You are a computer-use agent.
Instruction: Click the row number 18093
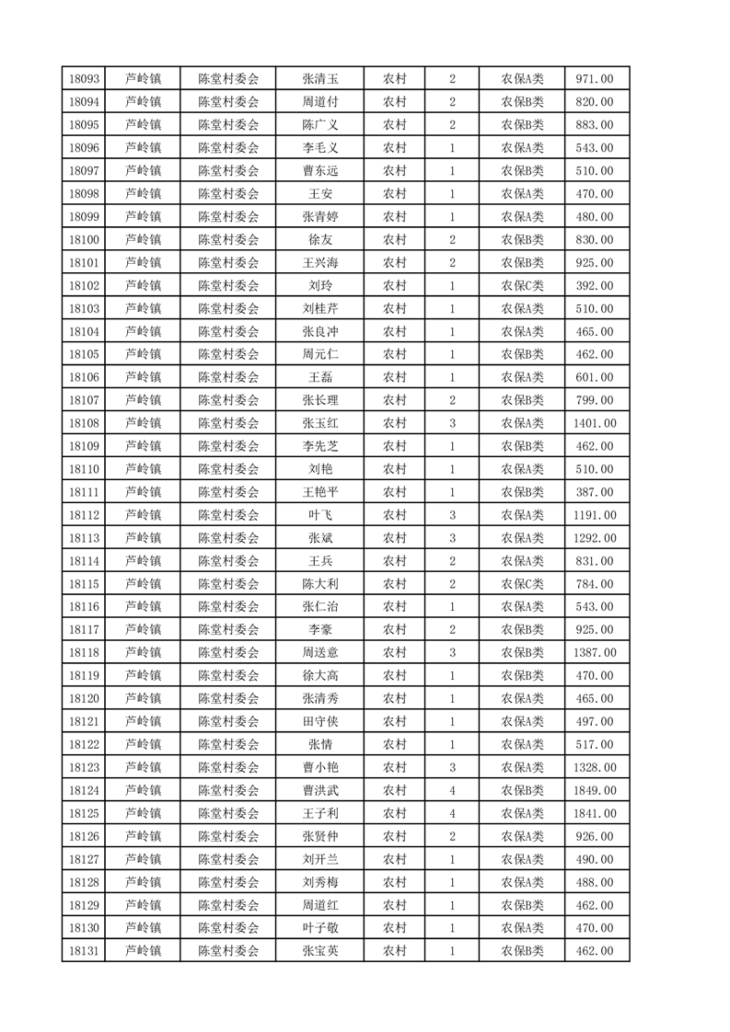coord(85,79)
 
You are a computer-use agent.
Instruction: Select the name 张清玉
coord(320,79)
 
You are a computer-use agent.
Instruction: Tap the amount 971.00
coord(596,79)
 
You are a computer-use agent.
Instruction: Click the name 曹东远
coord(320,171)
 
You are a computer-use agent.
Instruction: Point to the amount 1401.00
coord(596,423)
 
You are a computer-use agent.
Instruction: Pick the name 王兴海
coord(320,263)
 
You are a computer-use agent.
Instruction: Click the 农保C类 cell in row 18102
coord(522,286)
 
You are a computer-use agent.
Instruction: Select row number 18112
coord(85,515)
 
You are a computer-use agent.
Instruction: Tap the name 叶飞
coord(320,515)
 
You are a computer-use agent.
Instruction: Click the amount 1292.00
coord(596,538)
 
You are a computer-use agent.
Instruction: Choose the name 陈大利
coord(320,584)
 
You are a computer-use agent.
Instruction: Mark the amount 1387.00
coord(596,652)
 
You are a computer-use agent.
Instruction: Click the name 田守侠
coord(320,721)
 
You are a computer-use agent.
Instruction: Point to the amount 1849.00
coord(596,790)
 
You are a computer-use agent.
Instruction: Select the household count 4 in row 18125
coord(452,813)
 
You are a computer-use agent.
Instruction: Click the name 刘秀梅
coord(320,882)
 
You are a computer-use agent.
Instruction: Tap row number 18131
coord(85,951)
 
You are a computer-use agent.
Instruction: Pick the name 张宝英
coord(320,951)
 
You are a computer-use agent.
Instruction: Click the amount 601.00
coord(596,377)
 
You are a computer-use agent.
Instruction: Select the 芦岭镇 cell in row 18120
coord(144,698)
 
